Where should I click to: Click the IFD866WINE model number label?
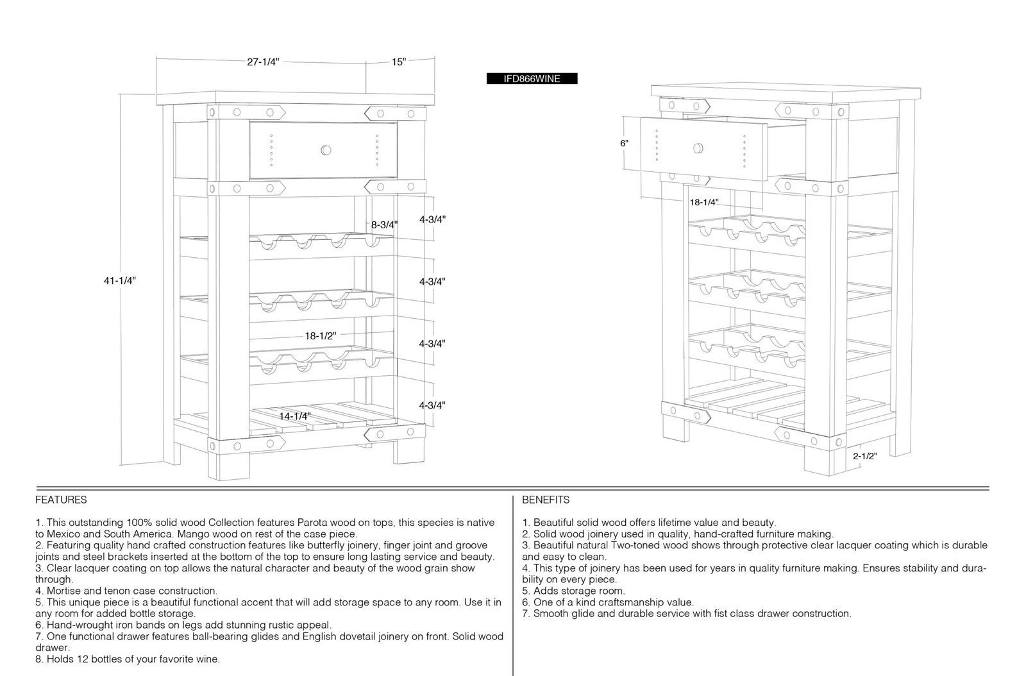pyautogui.click(x=532, y=79)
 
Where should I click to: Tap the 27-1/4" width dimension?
pyautogui.click(x=263, y=62)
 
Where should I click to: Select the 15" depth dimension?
pyautogui.click(x=398, y=62)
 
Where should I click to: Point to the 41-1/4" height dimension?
pyautogui.click(x=119, y=280)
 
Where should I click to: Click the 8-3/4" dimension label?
pyautogui.click(x=384, y=225)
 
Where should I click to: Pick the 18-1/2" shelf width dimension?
pyautogui.click(x=320, y=335)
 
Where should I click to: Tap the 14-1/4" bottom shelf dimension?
pyautogui.click(x=295, y=416)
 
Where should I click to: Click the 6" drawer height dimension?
pyautogui.click(x=624, y=144)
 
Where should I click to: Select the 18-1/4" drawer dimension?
pyautogui.click(x=704, y=202)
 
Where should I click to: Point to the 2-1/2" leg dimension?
pyautogui.click(x=864, y=456)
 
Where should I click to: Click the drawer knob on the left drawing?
pyautogui.click(x=326, y=150)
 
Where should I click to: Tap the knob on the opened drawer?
pyautogui.click(x=698, y=148)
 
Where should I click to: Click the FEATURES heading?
pyautogui.click(x=61, y=500)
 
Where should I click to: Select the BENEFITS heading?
pyautogui.click(x=546, y=500)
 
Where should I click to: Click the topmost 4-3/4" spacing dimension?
pyautogui.click(x=432, y=219)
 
